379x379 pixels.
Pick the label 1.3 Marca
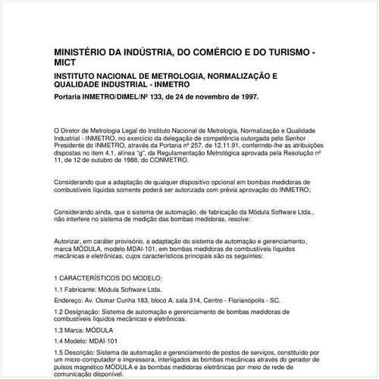tap(74, 330)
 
